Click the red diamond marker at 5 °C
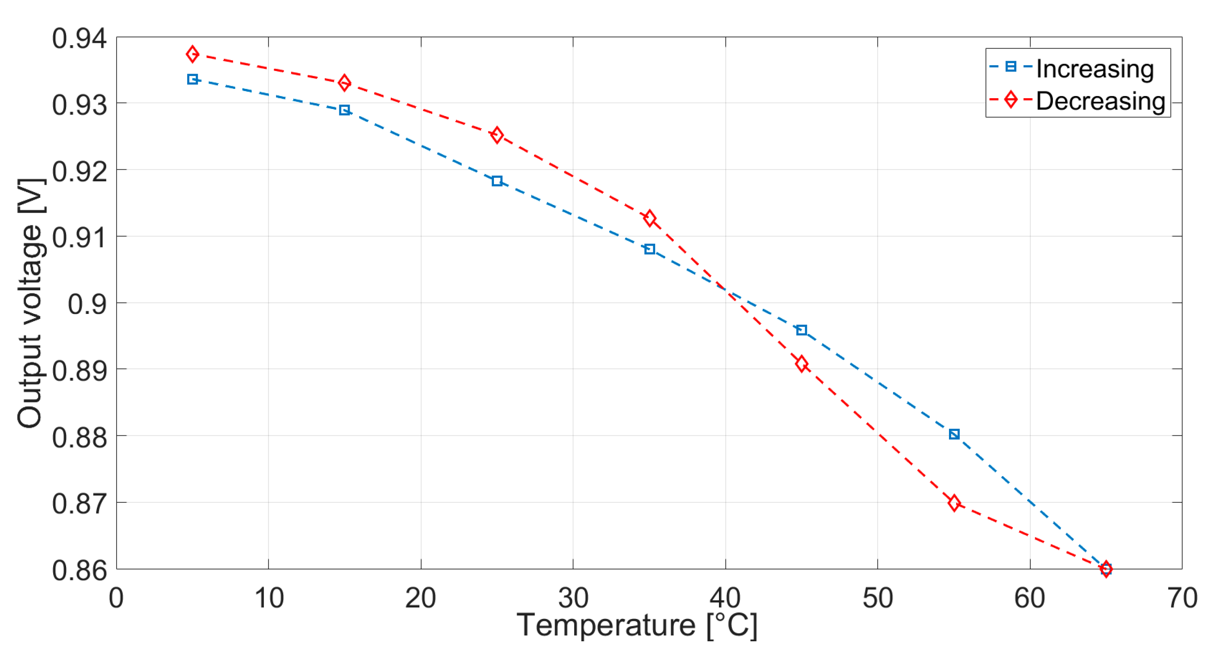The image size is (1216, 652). [192, 54]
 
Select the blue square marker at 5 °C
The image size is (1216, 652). [192, 79]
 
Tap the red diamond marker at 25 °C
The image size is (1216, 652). [497, 135]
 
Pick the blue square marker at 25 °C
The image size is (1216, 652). [497, 181]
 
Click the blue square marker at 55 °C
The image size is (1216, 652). [954, 434]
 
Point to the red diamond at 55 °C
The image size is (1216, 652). [954, 503]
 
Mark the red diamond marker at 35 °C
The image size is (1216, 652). [650, 218]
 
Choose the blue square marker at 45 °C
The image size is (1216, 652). [802, 330]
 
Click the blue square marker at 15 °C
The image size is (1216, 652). [345, 110]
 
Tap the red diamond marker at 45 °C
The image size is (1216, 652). [802, 364]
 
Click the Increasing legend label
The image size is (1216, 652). [1095, 69]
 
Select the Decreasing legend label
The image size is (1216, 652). [1100, 101]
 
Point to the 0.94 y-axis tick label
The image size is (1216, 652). [79, 38]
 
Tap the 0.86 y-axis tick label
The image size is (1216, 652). [79, 570]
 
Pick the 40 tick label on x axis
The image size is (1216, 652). [725, 598]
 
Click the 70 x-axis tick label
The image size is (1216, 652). [1182, 598]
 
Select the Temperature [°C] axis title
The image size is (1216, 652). [637, 626]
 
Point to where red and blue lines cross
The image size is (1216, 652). [724, 290]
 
